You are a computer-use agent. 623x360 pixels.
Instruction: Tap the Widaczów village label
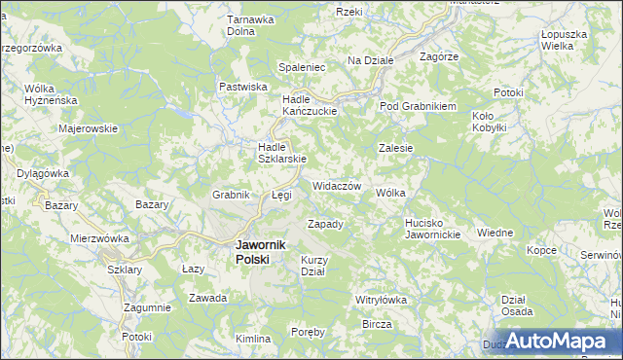point(337,186)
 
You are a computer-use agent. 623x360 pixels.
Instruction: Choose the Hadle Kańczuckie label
point(309,105)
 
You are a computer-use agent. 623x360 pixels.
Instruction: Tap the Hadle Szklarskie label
point(282,154)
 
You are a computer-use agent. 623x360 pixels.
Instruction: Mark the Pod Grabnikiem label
point(418,106)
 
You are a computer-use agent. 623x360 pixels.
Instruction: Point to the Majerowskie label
point(88,128)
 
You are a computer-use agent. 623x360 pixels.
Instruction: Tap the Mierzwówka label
point(99,238)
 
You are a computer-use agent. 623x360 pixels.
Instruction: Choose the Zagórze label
point(438,57)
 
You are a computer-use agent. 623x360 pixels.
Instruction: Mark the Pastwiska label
point(243,87)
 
